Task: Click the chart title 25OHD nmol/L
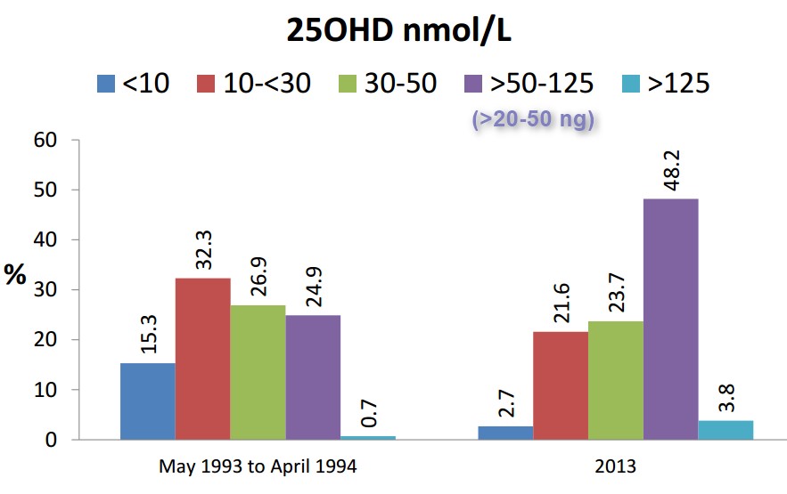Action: point(393,29)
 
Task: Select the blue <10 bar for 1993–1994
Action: point(147,401)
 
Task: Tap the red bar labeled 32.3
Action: point(202,359)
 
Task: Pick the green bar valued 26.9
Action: point(258,372)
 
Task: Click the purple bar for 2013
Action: point(671,319)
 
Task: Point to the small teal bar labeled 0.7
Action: point(368,436)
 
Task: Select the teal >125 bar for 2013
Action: point(726,430)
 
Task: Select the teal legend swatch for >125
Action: point(629,85)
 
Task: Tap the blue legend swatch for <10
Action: point(106,85)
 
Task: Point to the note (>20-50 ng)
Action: point(532,119)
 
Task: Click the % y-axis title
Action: point(15,275)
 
